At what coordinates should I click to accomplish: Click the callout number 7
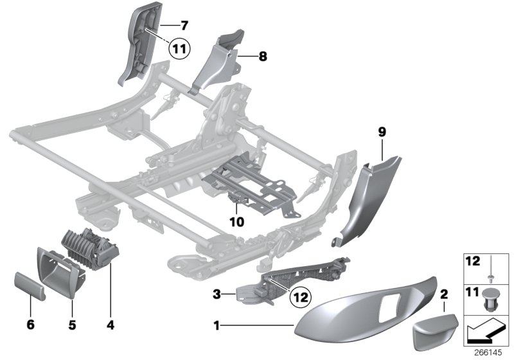click(x=184, y=26)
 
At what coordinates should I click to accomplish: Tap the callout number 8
click(x=262, y=57)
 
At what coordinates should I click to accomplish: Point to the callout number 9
click(x=382, y=132)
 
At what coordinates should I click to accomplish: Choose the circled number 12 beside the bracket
click(x=300, y=297)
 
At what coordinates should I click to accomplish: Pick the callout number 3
click(x=217, y=294)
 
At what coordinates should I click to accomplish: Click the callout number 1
click(x=217, y=326)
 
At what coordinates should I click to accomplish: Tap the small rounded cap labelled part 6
click(x=29, y=286)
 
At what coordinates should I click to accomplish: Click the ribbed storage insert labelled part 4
click(x=90, y=251)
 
